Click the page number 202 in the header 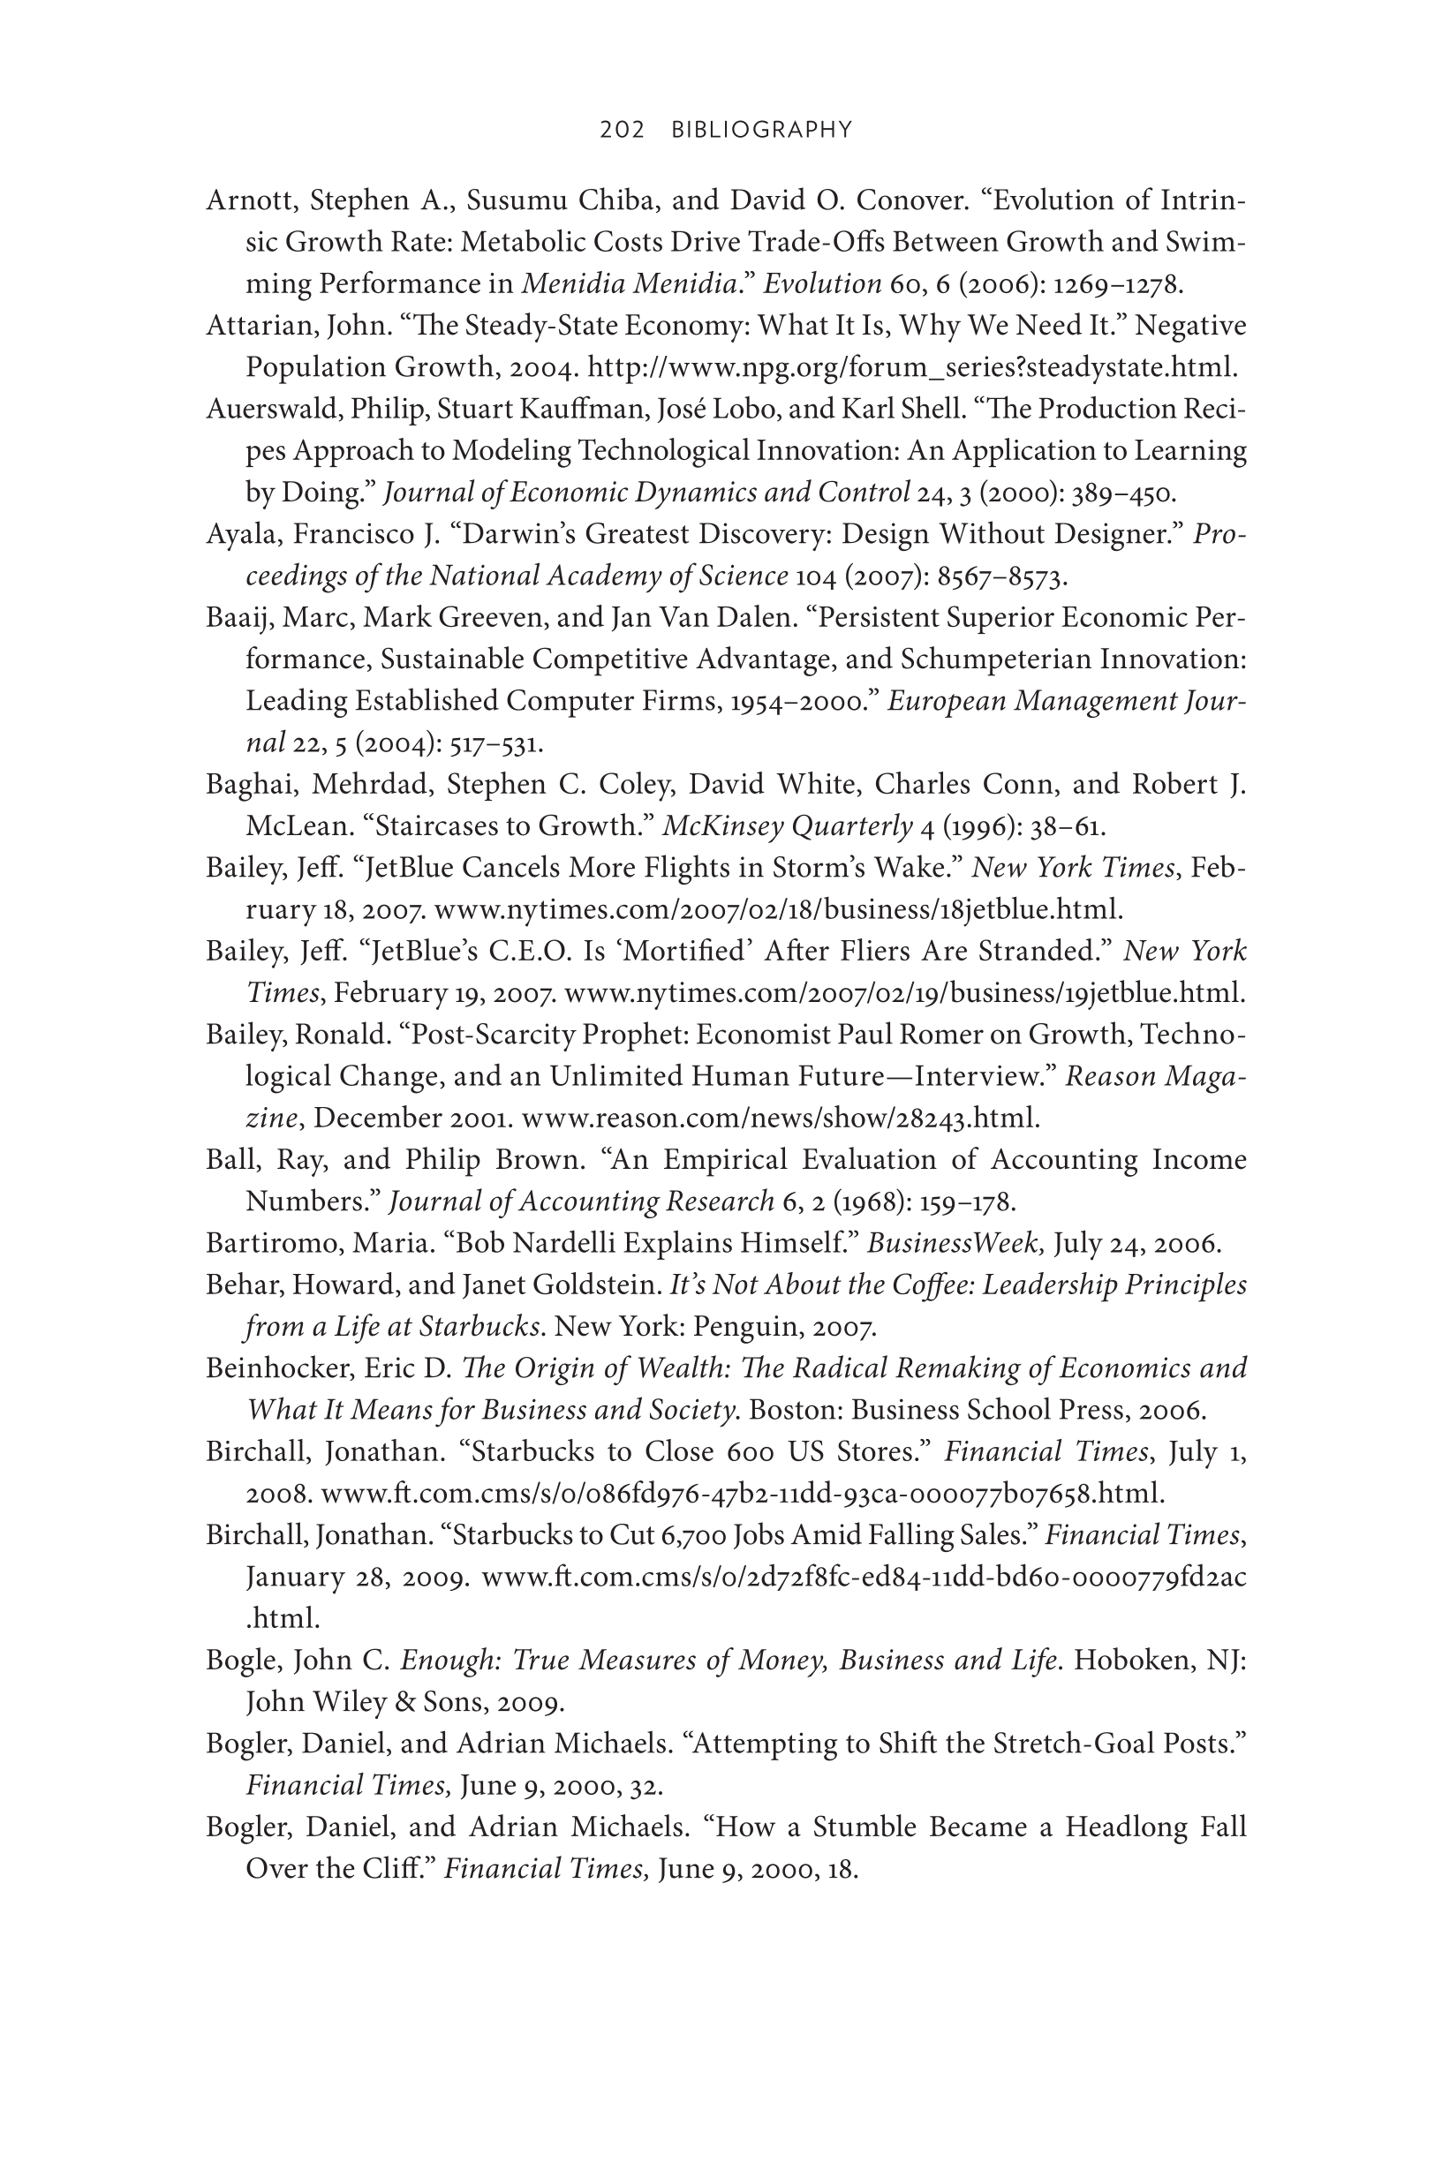(622, 130)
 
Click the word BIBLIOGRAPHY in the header (762, 130)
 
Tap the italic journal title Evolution (822, 283)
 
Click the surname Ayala (234, 534)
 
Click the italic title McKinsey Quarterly (787, 825)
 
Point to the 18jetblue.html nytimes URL (778, 909)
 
